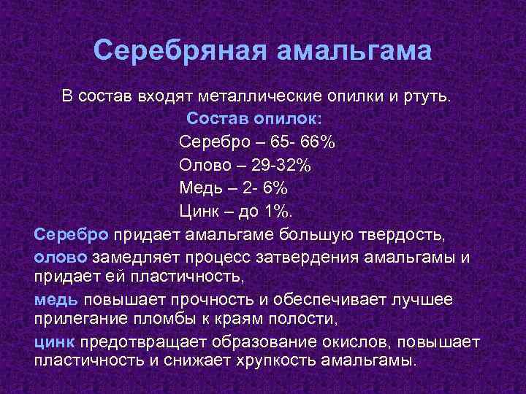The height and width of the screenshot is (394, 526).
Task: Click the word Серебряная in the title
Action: click(x=180, y=52)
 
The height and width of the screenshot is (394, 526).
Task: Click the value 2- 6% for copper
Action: click(x=264, y=188)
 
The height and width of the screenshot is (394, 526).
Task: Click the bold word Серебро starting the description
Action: click(x=72, y=235)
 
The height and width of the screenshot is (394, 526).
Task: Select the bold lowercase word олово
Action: click(x=61, y=258)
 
